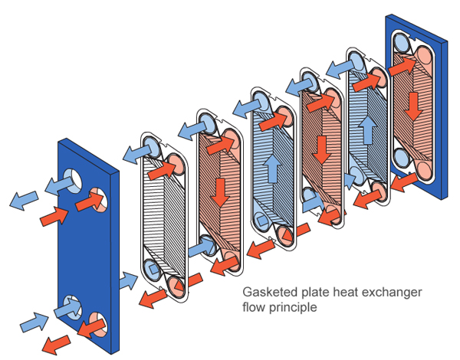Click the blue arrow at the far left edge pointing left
[22, 201]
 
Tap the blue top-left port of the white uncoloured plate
[150, 146]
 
